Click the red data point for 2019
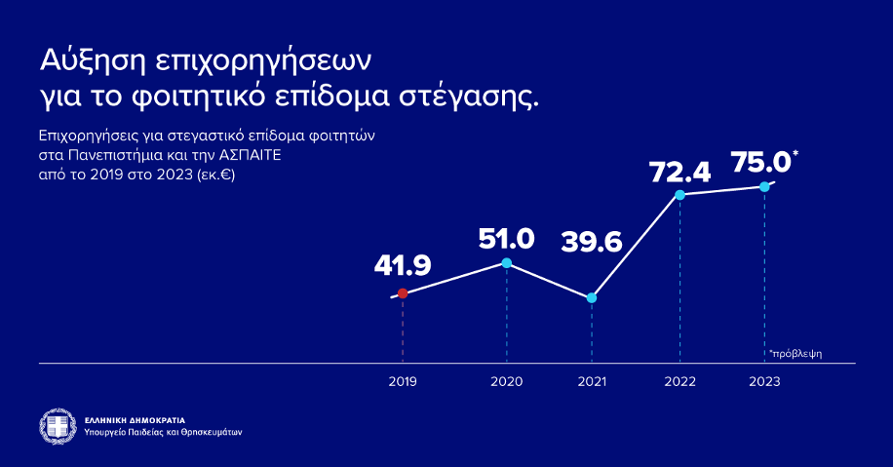click(403, 293)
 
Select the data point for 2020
click(506, 263)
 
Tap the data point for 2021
click(592, 297)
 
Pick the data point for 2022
click(679, 195)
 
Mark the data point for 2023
click(764, 186)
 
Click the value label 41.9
click(403, 265)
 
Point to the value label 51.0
click(506, 238)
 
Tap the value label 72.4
click(679, 173)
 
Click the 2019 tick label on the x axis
click(403, 382)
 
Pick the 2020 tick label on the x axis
click(506, 382)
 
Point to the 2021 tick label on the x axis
click(592, 382)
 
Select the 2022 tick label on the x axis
click(679, 382)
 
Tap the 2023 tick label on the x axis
click(764, 382)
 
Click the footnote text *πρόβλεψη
click(795, 353)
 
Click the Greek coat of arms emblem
click(58, 425)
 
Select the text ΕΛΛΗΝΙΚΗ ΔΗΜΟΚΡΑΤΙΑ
click(136, 419)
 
